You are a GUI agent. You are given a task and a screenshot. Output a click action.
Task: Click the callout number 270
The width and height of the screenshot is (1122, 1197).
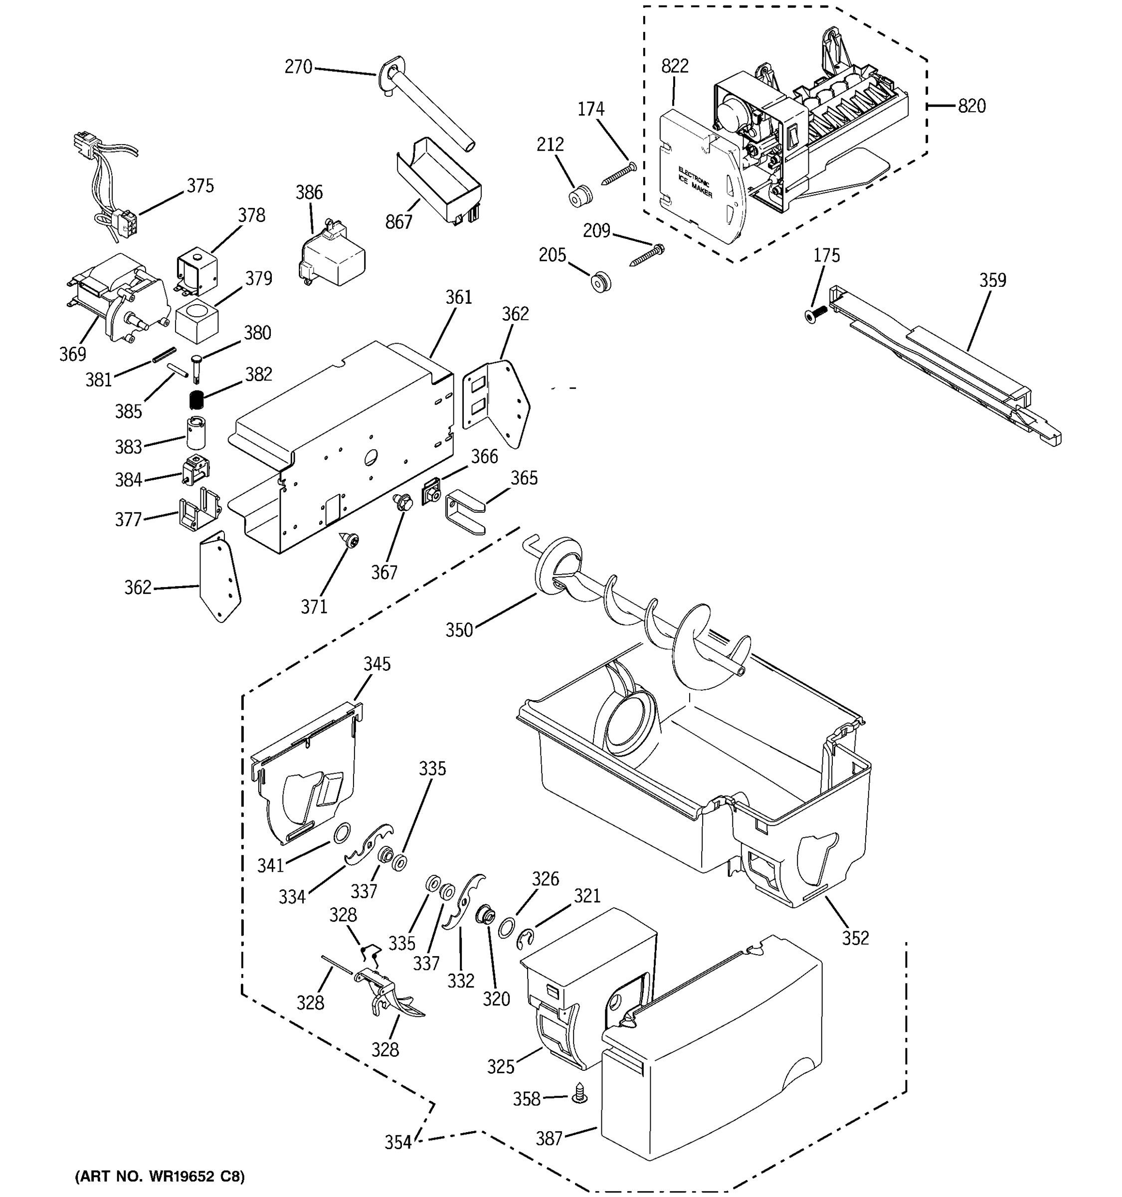[298, 67]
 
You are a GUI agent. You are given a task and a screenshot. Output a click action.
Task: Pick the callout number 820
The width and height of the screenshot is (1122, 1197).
[971, 106]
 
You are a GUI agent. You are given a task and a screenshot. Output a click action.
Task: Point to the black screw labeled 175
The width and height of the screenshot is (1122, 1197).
[817, 313]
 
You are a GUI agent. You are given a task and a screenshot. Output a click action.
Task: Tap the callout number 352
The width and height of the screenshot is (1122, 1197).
[855, 938]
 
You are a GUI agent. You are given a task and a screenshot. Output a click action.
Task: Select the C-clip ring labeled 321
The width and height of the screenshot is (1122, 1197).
[526, 940]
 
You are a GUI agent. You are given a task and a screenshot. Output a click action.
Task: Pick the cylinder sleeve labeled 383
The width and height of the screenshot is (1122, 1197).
[195, 432]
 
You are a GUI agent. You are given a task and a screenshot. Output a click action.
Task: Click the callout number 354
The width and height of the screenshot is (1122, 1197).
[398, 1142]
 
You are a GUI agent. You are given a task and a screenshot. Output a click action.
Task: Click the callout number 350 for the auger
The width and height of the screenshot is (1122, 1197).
[459, 630]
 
